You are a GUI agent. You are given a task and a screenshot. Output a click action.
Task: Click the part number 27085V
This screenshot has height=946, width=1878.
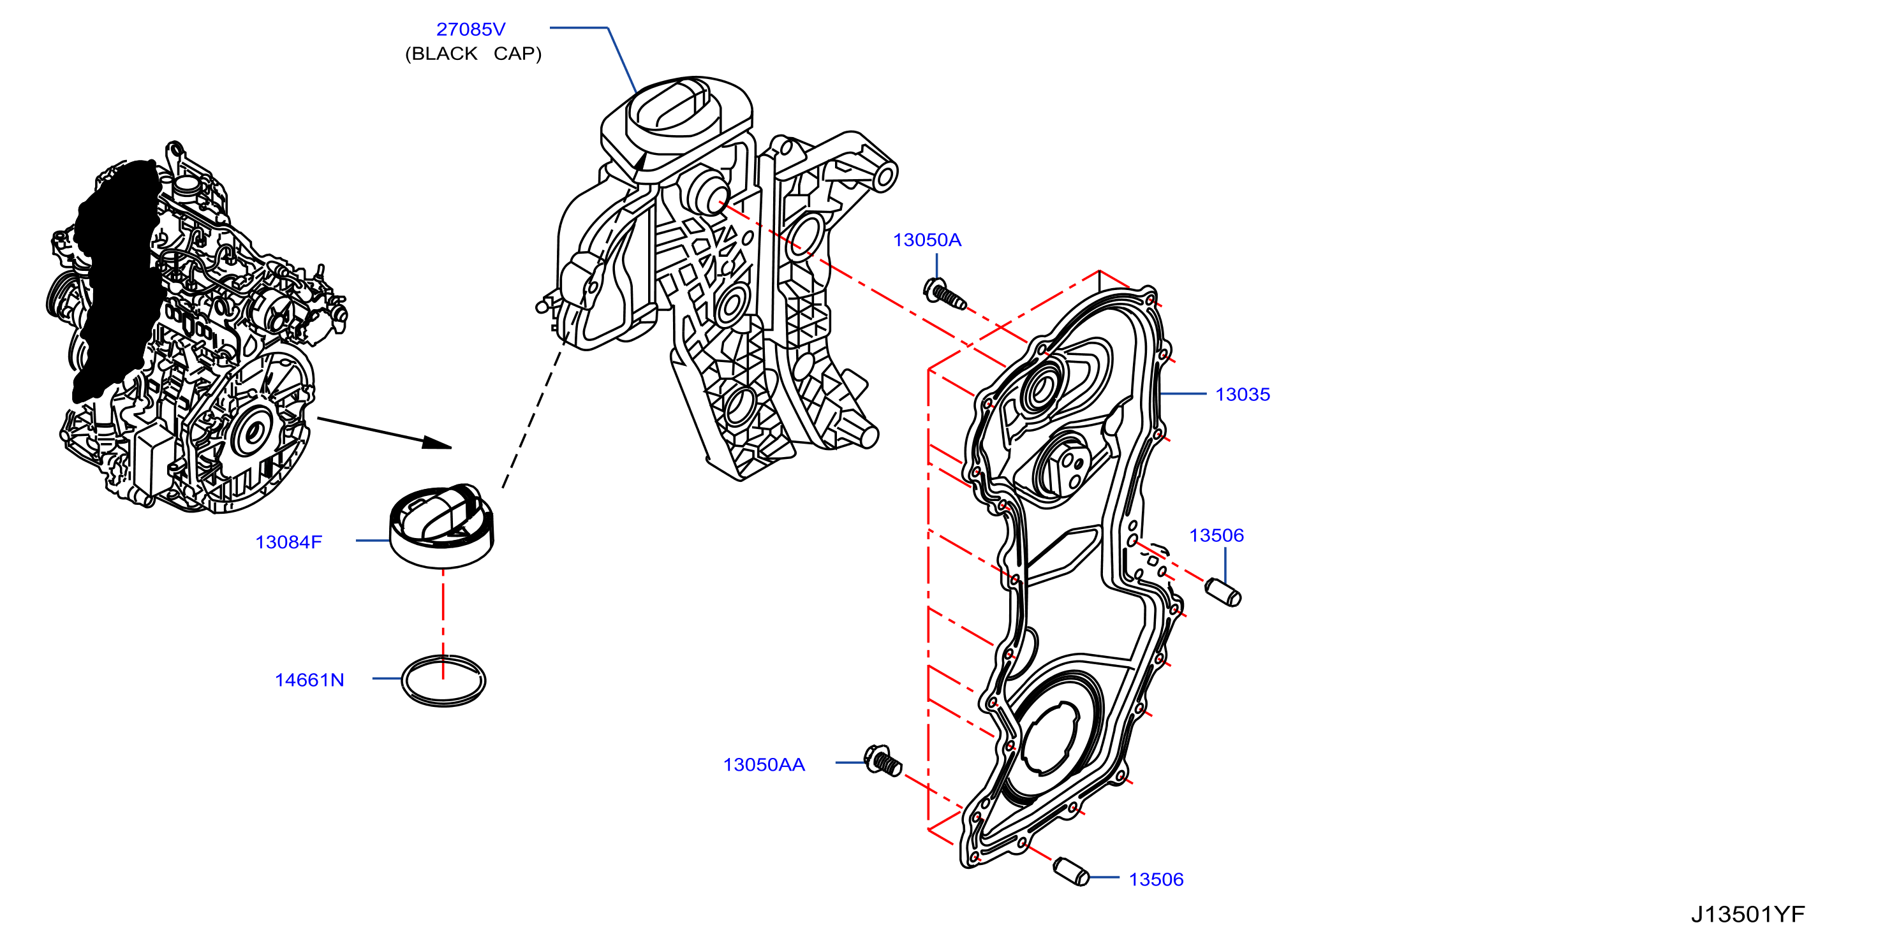tap(470, 29)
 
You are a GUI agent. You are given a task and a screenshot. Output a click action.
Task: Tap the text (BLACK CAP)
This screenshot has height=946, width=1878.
tap(473, 54)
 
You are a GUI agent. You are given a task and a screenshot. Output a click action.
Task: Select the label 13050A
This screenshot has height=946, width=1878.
tap(927, 240)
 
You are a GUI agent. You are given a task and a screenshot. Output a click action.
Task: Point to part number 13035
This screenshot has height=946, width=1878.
tap(1242, 395)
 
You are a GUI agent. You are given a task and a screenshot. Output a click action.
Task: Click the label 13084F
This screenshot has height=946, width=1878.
tap(289, 542)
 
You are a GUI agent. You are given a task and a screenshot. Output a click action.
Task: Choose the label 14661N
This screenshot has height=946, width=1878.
tap(309, 680)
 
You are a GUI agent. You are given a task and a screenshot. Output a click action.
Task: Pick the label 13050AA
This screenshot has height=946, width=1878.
tap(764, 764)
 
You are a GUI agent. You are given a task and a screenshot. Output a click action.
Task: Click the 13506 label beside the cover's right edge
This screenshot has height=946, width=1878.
tap(1216, 535)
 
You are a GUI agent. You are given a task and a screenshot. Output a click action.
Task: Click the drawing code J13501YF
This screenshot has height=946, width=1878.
tap(1747, 914)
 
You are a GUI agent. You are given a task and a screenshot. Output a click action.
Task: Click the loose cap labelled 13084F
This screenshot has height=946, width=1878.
tap(442, 526)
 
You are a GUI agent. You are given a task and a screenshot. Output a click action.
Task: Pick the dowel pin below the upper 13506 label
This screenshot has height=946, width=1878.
tap(1223, 592)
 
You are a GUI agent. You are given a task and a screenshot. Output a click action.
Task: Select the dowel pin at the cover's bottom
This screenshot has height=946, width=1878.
tap(1071, 871)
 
